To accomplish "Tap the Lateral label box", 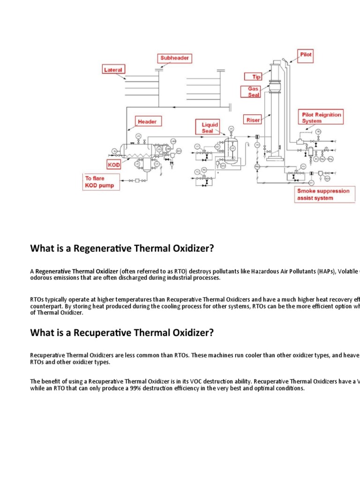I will point(113,70).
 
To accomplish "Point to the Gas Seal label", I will point(254,91).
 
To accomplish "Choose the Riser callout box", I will point(253,120).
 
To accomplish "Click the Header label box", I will point(147,121).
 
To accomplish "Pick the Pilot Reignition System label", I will point(322,117).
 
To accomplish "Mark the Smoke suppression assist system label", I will point(323,195).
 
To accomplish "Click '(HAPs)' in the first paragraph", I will point(320,271).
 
